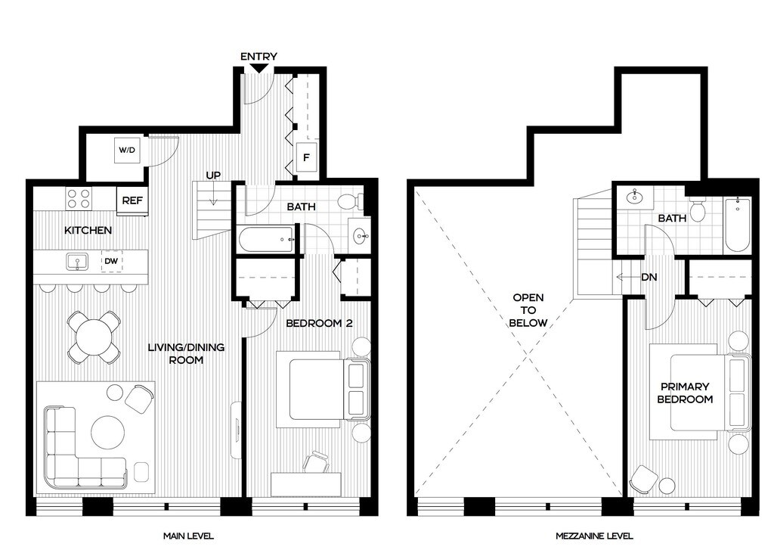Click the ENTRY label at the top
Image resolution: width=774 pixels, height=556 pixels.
click(x=259, y=56)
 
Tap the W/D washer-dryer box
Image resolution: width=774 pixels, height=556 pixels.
click(x=127, y=149)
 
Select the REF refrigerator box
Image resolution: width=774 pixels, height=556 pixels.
click(x=132, y=200)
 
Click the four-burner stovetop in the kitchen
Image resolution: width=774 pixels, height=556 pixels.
click(x=79, y=198)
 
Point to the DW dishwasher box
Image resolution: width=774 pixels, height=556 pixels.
click(x=112, y=261)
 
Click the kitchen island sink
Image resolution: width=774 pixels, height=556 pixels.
click(x=78, y=262)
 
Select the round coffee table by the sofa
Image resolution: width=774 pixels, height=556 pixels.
click(x=108, y=433)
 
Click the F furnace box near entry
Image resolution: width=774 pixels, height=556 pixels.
click(x=306, y=157)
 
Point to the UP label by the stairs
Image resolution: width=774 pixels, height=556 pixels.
click(x=213, y=175)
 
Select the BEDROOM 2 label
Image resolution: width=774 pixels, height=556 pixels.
click(x=320, y=323)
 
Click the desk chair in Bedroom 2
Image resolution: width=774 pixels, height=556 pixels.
click(x=316, y=462)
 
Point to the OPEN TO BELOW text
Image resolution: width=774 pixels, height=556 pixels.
click(x=528, y=310)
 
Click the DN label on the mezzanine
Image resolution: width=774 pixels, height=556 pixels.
click(x=649, y=278)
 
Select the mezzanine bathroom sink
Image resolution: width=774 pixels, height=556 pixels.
click(x=635, y=197)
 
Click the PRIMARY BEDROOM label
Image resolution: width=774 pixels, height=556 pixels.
click(x=685, y=393)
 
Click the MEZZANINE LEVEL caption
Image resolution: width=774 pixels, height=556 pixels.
click(x=594, y=536)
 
